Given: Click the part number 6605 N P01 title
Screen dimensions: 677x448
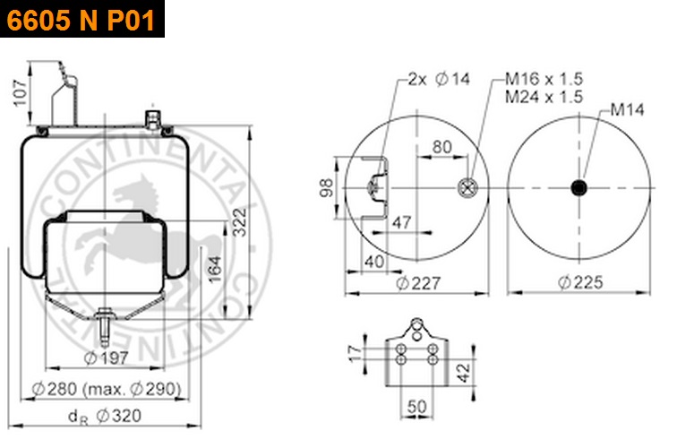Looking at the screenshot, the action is click(81, 20).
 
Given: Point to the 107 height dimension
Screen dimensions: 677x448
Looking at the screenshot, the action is click(21, 93).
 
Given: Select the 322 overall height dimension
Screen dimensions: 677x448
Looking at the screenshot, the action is click(239, 222).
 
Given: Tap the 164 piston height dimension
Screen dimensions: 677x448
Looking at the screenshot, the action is click(215, 269).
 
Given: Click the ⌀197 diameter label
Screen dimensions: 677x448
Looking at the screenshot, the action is click(107, 358).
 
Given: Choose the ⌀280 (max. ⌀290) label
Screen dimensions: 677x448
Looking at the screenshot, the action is click(107, 389).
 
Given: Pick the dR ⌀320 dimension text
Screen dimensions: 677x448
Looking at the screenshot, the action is click(105, 416).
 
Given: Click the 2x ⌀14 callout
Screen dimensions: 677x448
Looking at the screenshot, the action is click(439, 79).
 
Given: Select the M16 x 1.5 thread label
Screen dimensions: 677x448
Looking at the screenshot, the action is click(544, 79).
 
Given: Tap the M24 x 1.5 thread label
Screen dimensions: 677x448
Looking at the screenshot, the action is click(544, 97).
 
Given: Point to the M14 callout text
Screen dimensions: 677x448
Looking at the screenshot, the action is click(627, 109).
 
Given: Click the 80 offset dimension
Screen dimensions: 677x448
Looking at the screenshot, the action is click(442, 147).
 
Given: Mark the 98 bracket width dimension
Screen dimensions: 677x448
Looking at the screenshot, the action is click(326, 187).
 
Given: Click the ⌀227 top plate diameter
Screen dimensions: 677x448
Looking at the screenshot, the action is click(418, 283).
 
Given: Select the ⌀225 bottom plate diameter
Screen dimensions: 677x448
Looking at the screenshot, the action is click(580, 282).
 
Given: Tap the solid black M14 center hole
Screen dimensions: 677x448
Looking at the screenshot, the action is click(578, 188).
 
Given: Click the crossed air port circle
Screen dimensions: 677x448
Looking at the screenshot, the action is click(467, 188).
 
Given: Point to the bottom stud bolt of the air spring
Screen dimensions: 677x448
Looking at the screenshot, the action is click(104, 327).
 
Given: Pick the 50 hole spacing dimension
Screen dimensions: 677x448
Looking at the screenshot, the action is click(416, 407).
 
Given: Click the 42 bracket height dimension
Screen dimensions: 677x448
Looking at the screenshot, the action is click(463, 373).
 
